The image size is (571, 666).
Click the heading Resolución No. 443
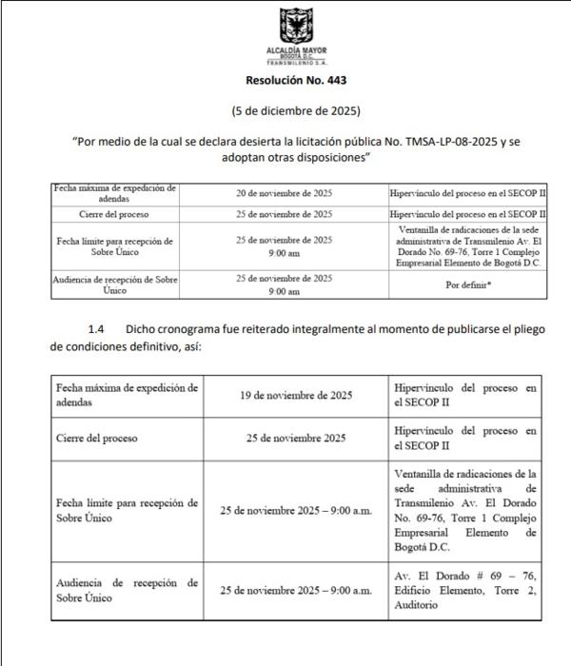click(285, 81)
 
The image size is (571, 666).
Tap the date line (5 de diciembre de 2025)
click(285, 110)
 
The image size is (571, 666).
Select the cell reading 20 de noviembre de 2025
click(285, 192)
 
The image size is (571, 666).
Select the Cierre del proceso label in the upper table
click(113, 214)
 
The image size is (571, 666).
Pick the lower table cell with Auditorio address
click(464, 590)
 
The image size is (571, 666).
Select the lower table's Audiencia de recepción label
click(127, 590)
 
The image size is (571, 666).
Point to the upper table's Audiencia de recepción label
click(113, 284)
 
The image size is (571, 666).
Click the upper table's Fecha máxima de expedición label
click(113, 192)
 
